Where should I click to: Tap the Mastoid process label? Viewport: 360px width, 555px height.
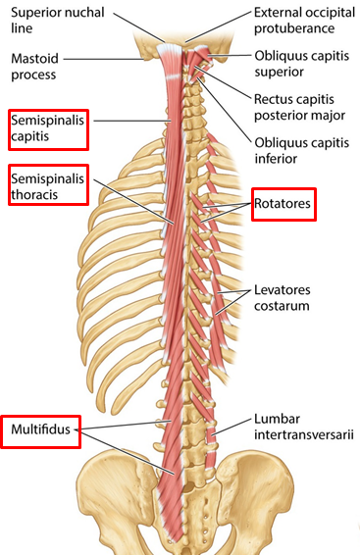tap(34, 67)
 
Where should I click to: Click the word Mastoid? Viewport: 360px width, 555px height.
tap(34, 58)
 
